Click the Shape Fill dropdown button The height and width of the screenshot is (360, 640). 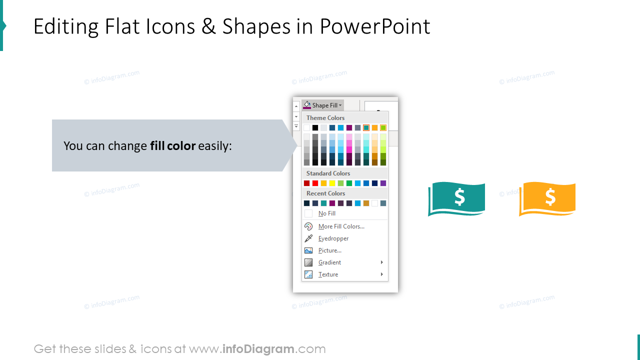click(x=323, y=105)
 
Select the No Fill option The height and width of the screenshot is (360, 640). click(x=326, y=213)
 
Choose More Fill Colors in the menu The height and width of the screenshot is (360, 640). click(x=341, y=226)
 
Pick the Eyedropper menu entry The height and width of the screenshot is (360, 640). click(x=333, y=238)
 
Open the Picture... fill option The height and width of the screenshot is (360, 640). click(x=329, y=250)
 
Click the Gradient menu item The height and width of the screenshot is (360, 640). click(x=329, y=262)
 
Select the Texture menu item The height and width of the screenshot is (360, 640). click(x=328, y=274)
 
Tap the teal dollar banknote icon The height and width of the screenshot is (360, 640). click(x=456, y=198)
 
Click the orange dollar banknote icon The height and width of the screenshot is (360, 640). click(x=547, y=198)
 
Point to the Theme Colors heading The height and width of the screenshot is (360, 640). click(x=325, y=118)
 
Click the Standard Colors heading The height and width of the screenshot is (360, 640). click(x=328, y=173)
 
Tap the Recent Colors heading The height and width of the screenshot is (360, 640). click(x=325, y=193)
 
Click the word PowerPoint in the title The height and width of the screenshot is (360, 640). click(x=375, y=26)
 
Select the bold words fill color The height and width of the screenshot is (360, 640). click(x=172, y=146)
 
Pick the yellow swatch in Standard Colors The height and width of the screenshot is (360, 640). click(x=332, y=183)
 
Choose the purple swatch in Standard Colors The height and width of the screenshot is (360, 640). click(x=383, y=183)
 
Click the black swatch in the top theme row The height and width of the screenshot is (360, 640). click(x=315, y=128)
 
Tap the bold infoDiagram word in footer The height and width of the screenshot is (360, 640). click(x=257, y=349)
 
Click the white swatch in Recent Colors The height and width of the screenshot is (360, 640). click(x=374, y=203)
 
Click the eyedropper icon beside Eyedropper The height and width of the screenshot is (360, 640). click(x=308, y=238)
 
